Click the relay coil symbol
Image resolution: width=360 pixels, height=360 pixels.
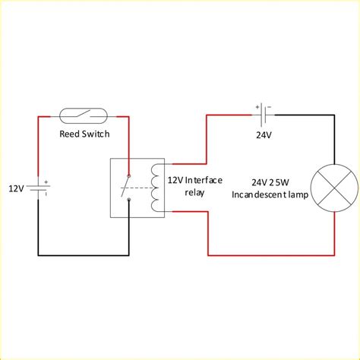pyautogui.click(x=156, y=187)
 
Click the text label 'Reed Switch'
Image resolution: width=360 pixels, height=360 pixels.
pyautogui.click(x=84, y=134)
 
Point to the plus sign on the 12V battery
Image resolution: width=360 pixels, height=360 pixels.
pyautogui.click(x=46, y=182)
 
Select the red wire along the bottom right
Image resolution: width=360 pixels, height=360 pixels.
pyautogui.click(x=273, y=254)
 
